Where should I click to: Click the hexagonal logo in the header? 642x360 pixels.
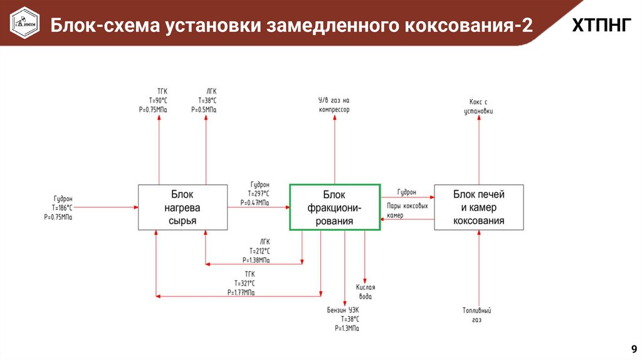24,23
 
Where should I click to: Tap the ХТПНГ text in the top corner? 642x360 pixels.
601,25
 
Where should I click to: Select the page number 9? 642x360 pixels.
634,349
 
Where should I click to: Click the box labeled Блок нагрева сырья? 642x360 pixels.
182,207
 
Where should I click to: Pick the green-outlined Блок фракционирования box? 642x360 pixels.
335,207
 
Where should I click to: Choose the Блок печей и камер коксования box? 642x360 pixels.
478,207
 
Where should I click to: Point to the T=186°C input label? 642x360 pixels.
62,208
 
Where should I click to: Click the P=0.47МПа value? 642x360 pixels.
255,203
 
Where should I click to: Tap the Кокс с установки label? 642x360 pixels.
478,107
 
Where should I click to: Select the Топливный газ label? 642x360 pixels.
477,315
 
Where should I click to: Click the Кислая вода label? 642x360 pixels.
366,292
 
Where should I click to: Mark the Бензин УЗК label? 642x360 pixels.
343,310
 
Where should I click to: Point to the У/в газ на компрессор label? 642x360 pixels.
334,105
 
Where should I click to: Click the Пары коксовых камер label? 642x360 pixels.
408,211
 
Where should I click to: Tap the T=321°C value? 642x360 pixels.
245,283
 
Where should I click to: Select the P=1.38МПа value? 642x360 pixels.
256,260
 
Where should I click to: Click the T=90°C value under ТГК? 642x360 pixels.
157,100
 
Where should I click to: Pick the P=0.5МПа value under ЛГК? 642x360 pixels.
204,110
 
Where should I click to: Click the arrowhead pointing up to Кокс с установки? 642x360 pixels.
479,117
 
